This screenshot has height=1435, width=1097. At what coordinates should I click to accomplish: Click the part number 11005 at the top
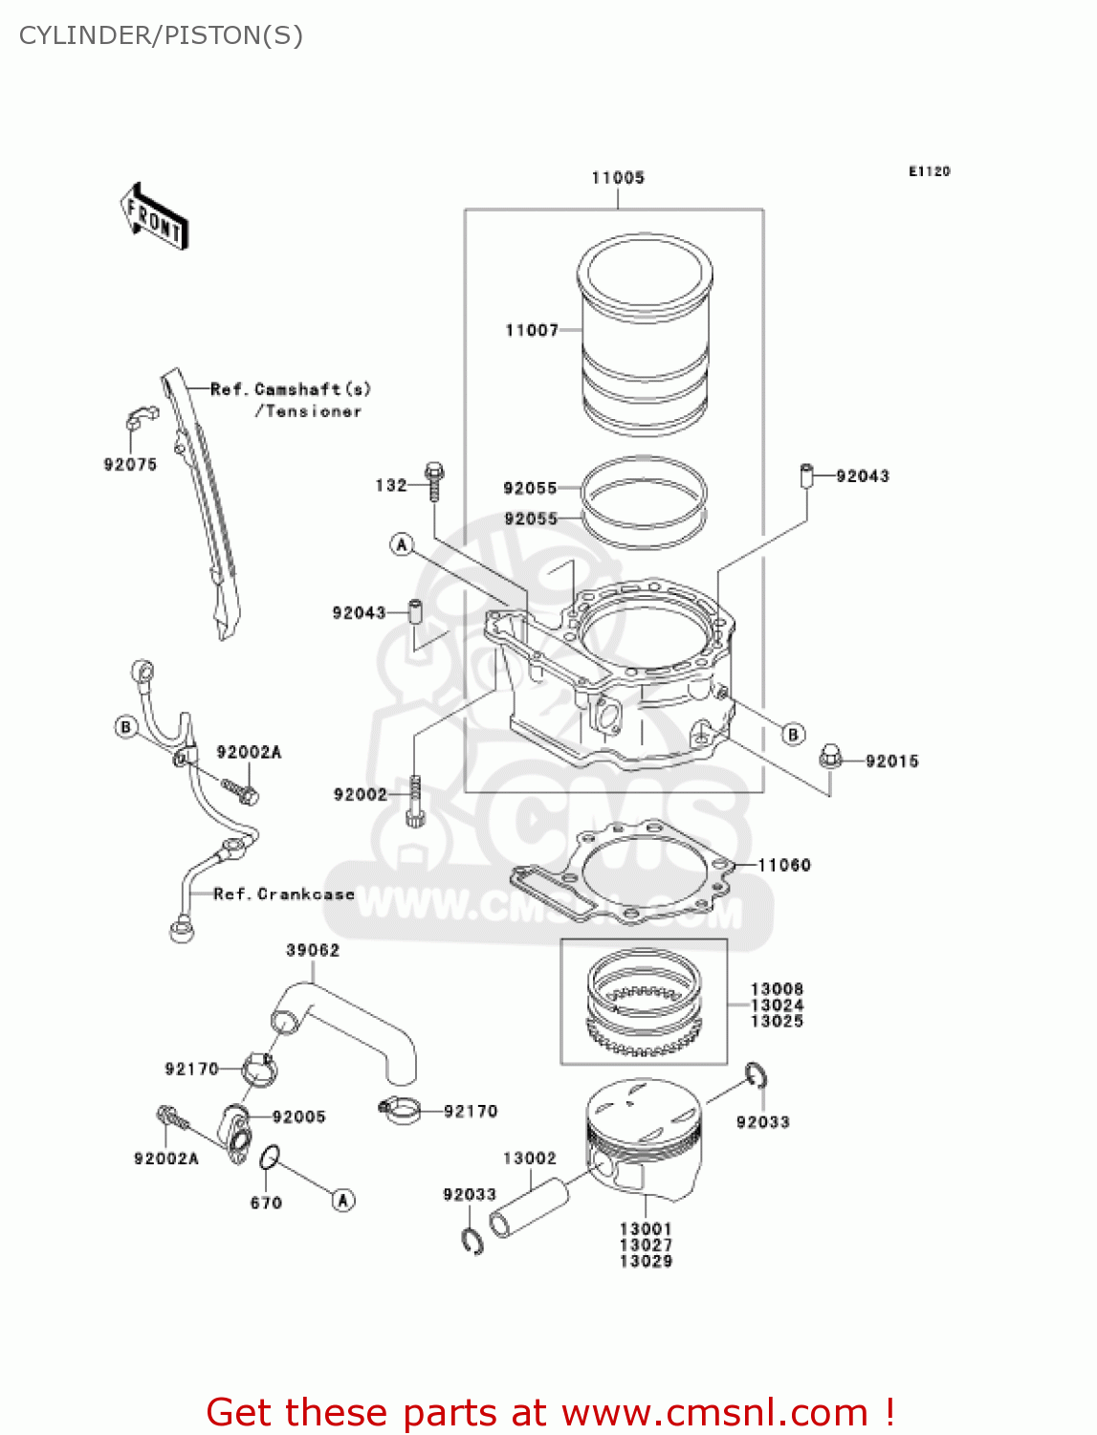coord(618,178)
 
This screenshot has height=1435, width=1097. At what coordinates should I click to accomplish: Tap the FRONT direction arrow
coord(154,217)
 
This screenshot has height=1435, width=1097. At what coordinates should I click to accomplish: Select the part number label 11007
coord(532,330)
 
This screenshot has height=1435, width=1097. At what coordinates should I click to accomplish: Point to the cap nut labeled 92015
coord(830,758)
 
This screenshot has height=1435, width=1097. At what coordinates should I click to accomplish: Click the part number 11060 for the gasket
coord(784,865)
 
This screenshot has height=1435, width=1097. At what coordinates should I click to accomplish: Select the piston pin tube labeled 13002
coord(528,1208)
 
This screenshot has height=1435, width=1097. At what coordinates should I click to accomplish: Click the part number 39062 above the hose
coord(313,950)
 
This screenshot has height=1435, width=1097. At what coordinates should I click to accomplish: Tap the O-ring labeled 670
coord(270,1159)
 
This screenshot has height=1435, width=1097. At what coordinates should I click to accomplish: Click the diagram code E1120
coord(929,171)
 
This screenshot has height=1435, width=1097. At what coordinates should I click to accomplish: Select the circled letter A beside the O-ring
coord(343,1200)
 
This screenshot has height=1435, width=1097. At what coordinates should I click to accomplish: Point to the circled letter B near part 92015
coord(793,734)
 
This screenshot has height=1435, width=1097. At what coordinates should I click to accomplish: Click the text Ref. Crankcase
coord(284,894)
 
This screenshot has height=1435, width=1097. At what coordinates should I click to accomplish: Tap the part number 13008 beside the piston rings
coord(777,988)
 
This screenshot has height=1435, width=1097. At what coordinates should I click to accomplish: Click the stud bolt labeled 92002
coord(415,801)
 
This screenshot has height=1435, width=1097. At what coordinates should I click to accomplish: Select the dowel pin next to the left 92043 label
coord(416,611)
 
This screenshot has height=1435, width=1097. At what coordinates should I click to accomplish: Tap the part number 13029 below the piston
coord(646,1261)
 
